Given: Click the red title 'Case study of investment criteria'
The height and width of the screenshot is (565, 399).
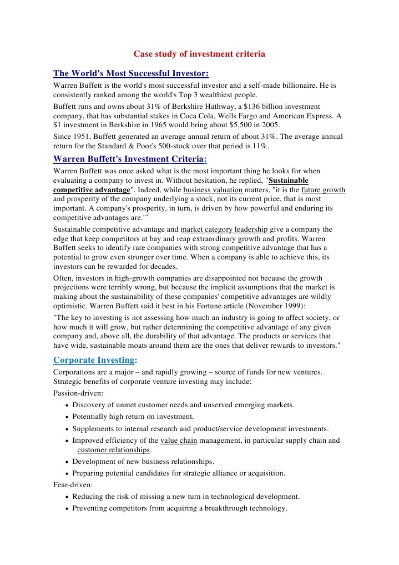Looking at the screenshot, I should (199, 54).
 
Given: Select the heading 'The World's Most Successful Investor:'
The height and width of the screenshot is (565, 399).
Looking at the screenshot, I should (131, 73).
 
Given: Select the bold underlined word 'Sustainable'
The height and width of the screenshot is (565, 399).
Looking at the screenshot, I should (289, 181).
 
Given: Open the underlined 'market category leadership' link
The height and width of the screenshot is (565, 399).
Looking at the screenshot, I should (224, 229).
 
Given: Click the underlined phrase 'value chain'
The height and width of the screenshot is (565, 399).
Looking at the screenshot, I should (178, 441).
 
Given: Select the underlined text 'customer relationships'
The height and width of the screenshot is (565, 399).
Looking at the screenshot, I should (114, 450).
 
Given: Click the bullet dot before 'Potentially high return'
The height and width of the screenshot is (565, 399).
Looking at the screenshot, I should (67, 417).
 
